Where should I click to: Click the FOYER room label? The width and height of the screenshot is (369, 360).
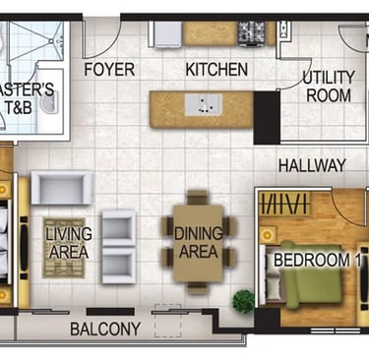[109, 70]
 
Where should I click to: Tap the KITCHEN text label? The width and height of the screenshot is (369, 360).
[216, 70]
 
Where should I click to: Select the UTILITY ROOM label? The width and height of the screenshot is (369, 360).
[329, 87]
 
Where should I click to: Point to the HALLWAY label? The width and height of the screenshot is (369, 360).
[312, 165]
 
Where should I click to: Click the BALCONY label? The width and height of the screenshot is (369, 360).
[105, 329]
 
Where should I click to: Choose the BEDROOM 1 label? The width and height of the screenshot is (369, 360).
[317, 260]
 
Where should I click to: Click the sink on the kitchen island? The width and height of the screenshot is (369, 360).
[204, 105]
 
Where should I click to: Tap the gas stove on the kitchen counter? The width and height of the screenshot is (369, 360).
[251, 33]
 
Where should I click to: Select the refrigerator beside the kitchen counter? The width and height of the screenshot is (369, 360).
[166, 34]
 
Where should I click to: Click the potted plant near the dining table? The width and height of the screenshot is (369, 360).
[243, 302]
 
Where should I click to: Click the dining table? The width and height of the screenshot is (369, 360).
[198, 243]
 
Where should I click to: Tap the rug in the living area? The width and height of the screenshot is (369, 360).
[64, 248]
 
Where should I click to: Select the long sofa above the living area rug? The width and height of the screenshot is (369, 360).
[62, 188]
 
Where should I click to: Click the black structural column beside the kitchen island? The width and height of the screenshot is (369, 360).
[267, 118]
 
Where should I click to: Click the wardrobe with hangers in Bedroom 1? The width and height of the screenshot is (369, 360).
[284, 204]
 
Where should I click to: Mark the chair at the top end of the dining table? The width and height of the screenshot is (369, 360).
[198, 197]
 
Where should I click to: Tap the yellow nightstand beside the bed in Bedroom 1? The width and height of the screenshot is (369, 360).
[268, 234]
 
